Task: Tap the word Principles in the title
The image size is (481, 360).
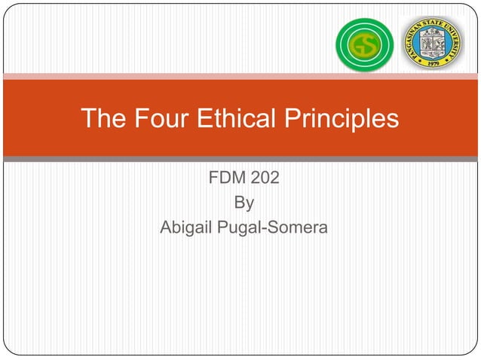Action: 342,119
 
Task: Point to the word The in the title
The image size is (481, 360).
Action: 103,118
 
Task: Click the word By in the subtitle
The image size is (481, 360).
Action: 244,203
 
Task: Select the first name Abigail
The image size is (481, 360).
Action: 185,226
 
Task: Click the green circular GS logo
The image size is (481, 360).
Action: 363,44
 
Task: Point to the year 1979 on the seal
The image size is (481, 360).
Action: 432,64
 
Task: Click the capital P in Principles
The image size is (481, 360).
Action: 290,118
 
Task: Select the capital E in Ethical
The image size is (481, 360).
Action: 206,118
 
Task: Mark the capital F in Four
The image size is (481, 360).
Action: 136,118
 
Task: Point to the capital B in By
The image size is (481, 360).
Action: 240,203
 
